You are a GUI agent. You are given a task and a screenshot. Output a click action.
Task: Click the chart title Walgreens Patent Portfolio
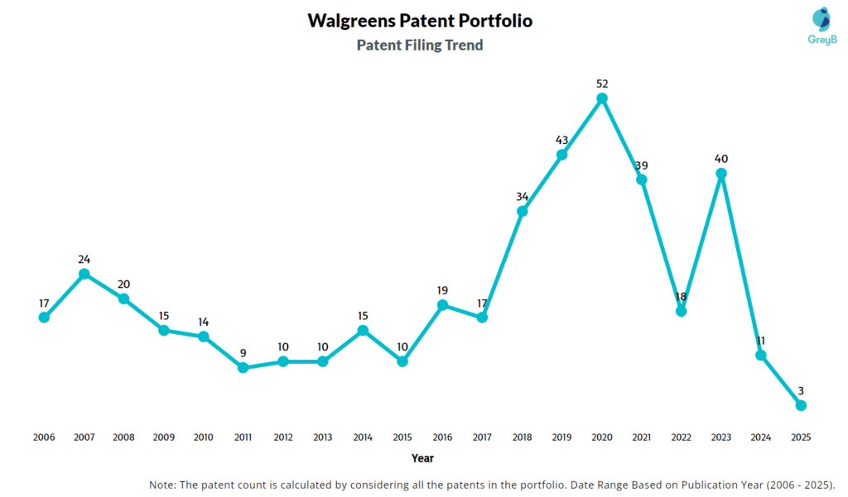[x=420, y=21]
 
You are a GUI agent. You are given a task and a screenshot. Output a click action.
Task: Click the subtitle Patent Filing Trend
[x=420, y=45]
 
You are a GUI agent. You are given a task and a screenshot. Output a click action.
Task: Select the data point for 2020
[x=602, y=98]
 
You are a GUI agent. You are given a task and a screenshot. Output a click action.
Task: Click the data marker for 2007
[x=84, y=274]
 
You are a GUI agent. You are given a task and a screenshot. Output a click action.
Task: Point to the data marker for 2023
[x=721, y=174]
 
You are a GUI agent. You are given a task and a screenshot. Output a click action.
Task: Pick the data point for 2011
[x=243, y=367]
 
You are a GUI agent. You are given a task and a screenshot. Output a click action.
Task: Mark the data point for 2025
[x=801, y=405]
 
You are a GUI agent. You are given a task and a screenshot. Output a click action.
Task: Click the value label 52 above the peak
[x=602, y=84]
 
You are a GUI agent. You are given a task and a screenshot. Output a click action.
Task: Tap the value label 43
[x=562, y=140]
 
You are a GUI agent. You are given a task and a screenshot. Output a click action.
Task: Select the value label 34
[x=523, y=196]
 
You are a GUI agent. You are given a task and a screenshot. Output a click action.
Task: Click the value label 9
[x=243, y=352]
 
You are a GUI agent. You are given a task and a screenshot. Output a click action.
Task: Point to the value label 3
[x=801, y=390]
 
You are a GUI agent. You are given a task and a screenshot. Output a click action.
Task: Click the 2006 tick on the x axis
[x=44, y=437]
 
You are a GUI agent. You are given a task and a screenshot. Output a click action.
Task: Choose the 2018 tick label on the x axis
[x=523, y=437]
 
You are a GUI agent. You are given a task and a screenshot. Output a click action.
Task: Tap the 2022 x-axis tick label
[x=682, y=437]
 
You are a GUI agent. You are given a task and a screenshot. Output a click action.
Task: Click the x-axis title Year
[x=422, y=457]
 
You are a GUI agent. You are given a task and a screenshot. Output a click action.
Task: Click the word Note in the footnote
[x=163, y=484]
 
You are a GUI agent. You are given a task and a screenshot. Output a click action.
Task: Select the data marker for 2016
[x=442, y=305]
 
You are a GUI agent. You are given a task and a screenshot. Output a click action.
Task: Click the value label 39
[x=642, y=165]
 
